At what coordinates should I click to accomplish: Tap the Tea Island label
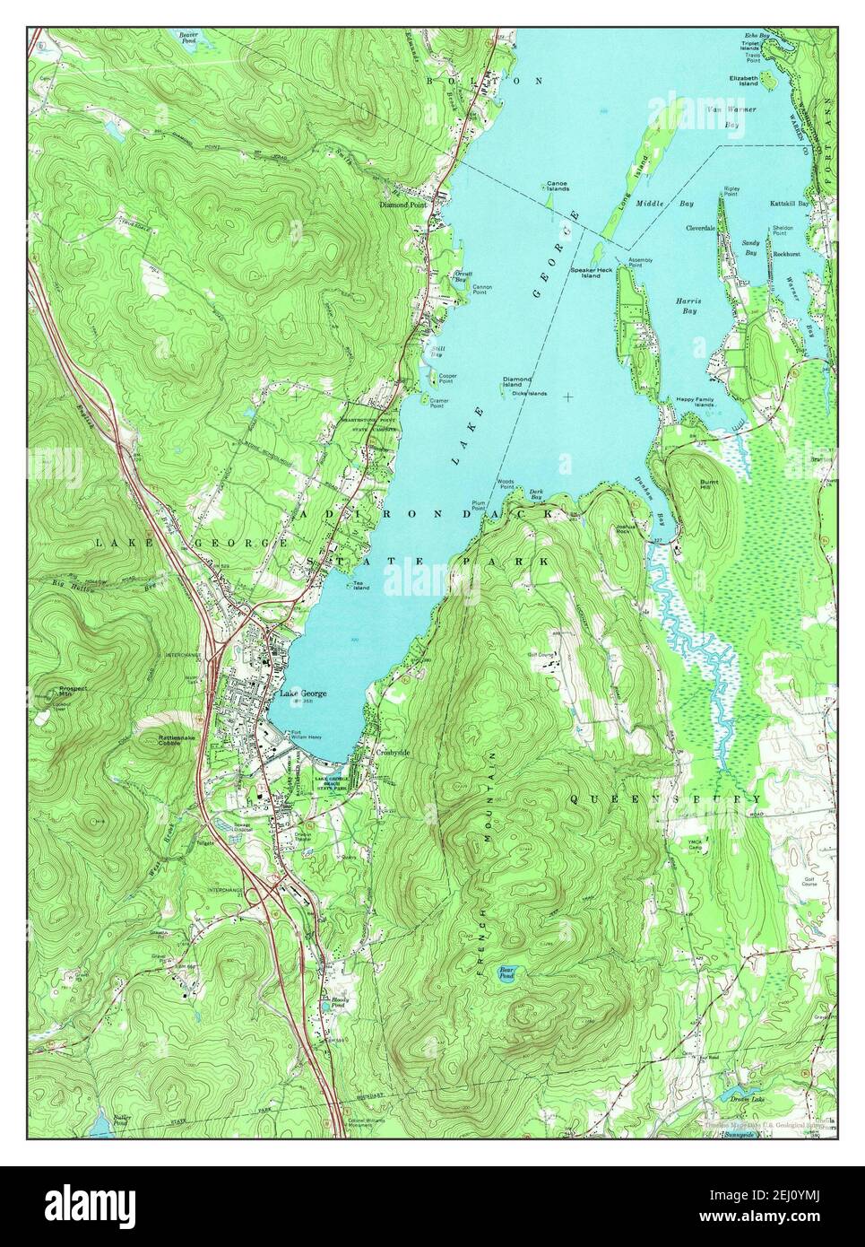(361, 585)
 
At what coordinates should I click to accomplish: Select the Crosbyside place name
(393, 753)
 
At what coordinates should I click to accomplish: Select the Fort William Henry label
(306, 735)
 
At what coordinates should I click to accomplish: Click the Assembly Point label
(640, 262)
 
